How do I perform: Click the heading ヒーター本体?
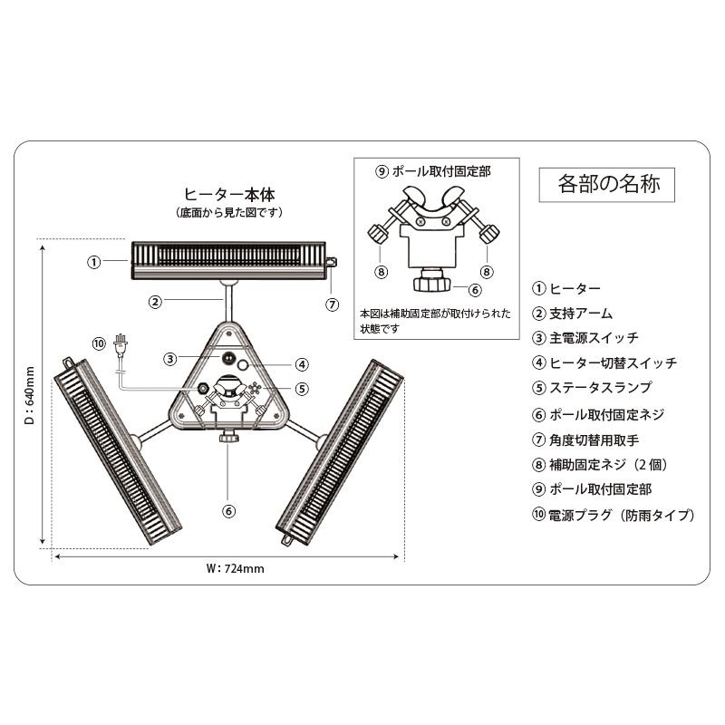click(229, 194)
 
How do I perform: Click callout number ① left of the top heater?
click(93, 262)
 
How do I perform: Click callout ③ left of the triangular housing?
click(169, 358)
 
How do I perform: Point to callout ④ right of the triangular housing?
click(302, 364)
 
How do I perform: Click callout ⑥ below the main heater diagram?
click(228, 511)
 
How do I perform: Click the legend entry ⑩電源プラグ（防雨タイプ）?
click(614, 515)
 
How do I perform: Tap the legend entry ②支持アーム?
click(573, 314)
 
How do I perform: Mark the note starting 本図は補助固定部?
click(434, 320)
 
